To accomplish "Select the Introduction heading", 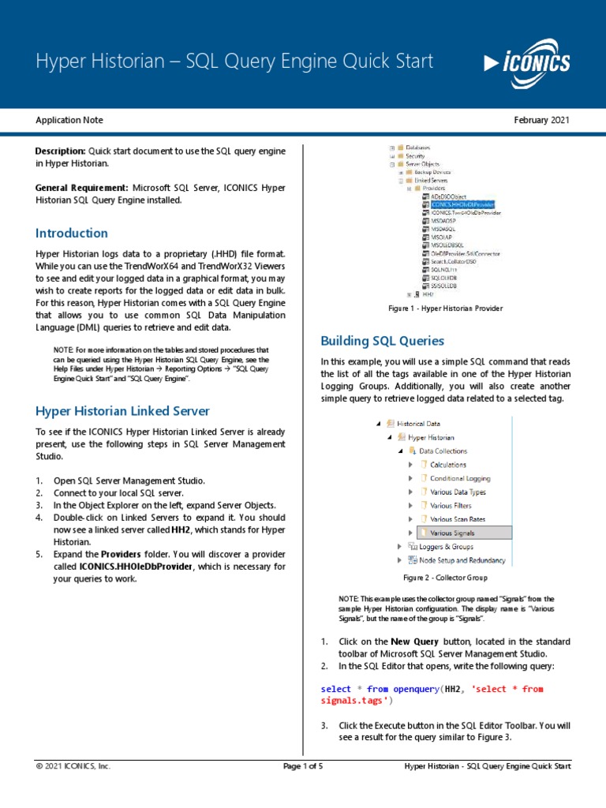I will click(x=72, y=233).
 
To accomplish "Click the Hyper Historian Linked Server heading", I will click(x=123, y=410).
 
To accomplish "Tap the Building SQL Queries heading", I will click(x=382, y=341).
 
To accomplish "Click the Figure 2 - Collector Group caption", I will click(x=445, y=578).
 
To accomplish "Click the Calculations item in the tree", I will click(x=447, y=465).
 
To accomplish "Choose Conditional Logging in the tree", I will click(x=459, y=478).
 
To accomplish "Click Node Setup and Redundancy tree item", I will click(x=456, y=560).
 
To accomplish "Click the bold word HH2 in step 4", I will click(x=181, y=529).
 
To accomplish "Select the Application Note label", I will click(x=69, y=120).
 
